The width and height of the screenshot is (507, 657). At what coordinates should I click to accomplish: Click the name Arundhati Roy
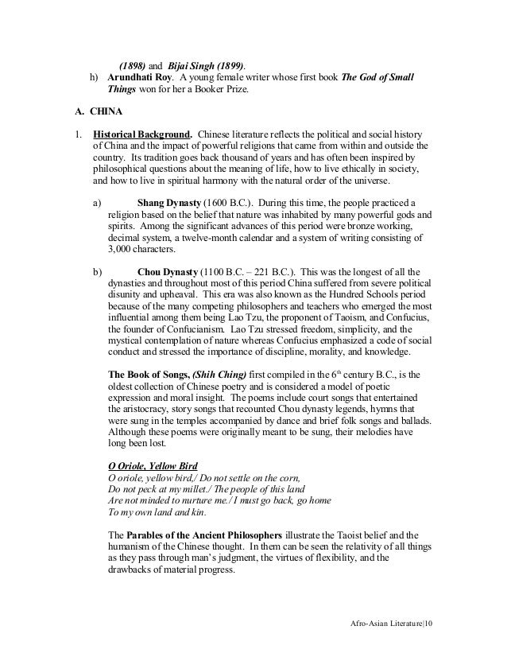(140, 77)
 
